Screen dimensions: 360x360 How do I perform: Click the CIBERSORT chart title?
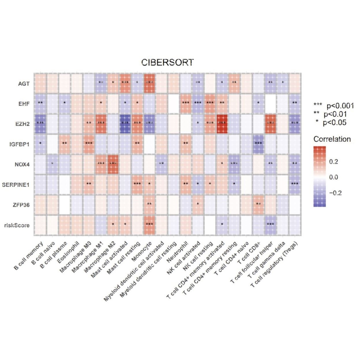[167, 62]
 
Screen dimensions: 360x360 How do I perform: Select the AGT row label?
[24, 83]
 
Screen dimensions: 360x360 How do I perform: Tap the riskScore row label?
[17, 225]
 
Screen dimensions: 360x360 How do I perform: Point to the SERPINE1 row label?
[16, 185]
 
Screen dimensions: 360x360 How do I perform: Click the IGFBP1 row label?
[19, 144]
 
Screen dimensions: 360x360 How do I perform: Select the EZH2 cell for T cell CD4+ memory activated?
[222, 124]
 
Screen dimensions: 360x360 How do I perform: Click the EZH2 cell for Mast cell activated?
[125, 124]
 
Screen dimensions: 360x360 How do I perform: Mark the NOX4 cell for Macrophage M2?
[113, 164]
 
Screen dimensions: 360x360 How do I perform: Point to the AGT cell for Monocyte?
[149, 83]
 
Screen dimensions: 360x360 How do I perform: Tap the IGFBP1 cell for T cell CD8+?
[258, 144]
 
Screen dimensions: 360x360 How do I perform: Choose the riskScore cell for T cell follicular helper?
[270, 225]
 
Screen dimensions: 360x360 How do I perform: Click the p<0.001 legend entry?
[334, 106]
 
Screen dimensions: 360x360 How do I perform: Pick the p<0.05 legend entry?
[331, 123]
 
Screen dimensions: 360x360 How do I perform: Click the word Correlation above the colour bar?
[332, 139]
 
